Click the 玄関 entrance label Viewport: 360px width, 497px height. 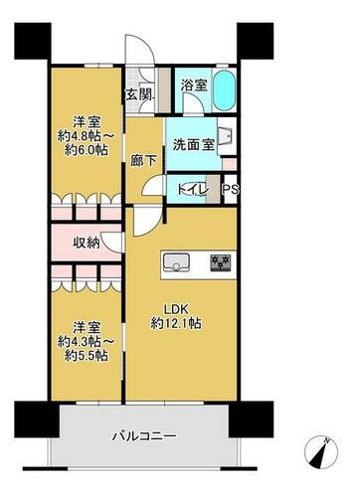pos(139,95)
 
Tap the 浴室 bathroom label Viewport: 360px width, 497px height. pos(195,86)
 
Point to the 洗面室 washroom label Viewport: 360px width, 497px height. pos(190,144)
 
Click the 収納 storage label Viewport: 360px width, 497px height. pos(88,244)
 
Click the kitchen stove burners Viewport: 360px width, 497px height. pos(219,262)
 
